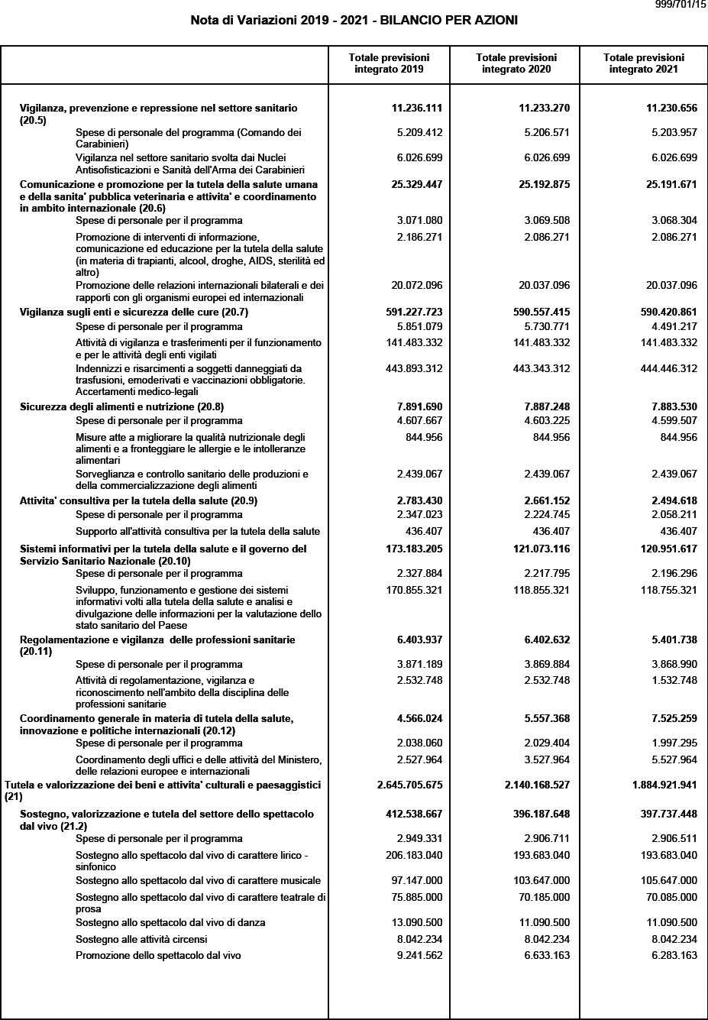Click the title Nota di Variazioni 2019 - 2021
click(354, 21)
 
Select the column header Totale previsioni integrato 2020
click(516, 63)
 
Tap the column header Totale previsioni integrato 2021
click(643, 63)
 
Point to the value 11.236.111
click(416, 108)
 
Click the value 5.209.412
click(419, 132)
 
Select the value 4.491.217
click(674, 326)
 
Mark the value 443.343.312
click(542, 368)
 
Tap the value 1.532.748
click(674, 680)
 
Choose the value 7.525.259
click(671, 718)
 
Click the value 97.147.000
click(416, 880)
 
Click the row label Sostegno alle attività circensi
click(141, 939)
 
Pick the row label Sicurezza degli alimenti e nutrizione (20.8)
click(121, 406)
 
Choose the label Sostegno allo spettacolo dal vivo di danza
click(170, 922)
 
